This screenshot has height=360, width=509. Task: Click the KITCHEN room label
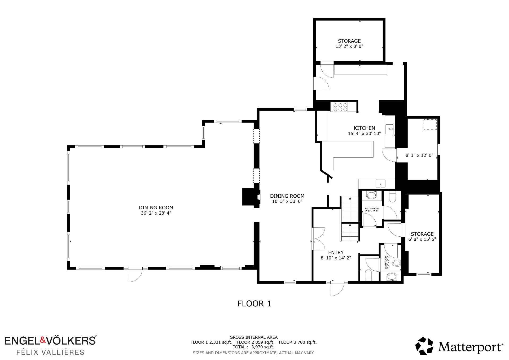(x=364, y=128)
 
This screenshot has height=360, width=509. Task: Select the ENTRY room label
(x=336, y=253)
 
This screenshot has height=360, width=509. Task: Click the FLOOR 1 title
(x=254, y=303)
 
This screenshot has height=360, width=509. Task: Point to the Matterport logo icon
(x=424, y=346)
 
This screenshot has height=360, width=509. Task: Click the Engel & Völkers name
(x=50, y=340)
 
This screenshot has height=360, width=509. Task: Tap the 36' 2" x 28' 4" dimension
(x=156, y=213)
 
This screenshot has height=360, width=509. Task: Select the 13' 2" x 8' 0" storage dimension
(x=349, y=46)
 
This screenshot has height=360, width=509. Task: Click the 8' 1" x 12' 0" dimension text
(x=419, y=155)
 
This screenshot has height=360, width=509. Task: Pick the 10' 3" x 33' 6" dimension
(x=287, y=201)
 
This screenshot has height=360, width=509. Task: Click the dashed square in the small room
(x=430, y=125)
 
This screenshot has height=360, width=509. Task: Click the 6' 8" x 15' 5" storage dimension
(x=422, y=239)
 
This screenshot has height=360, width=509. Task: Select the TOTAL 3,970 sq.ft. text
(x=253, y=347)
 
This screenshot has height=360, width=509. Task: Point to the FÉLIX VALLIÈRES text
(x=50, y=352)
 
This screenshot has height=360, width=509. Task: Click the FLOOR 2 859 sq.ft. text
(x=256, y=342)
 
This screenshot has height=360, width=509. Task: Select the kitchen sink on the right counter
(x=389, y=129)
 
